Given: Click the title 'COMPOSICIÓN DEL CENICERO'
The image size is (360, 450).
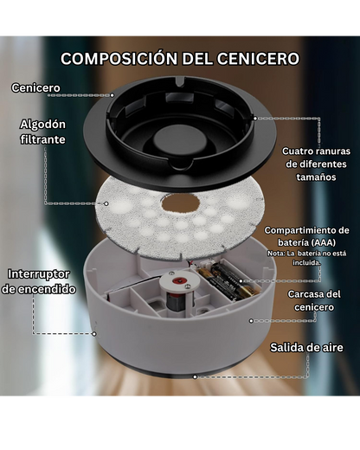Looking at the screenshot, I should pyautogui.click(x=180, y=59).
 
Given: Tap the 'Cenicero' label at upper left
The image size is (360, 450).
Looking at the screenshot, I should pyautogui.click(x=35, y=88).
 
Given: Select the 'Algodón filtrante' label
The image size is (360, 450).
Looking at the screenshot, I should pyautogui.click(x=43, y=132).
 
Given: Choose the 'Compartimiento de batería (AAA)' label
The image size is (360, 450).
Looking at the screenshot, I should pyautogui.click(x=307, y=237).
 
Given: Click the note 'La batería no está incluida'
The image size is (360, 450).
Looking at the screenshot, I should pyautogui.click(x=307, y=258).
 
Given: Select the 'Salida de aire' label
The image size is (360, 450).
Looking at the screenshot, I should pyautogui.click(x=306, y=347).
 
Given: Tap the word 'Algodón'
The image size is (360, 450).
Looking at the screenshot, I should pyautogui.click(x=43, y=125).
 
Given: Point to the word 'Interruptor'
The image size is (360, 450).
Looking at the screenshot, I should pyautogui.click(x=39, y=274).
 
